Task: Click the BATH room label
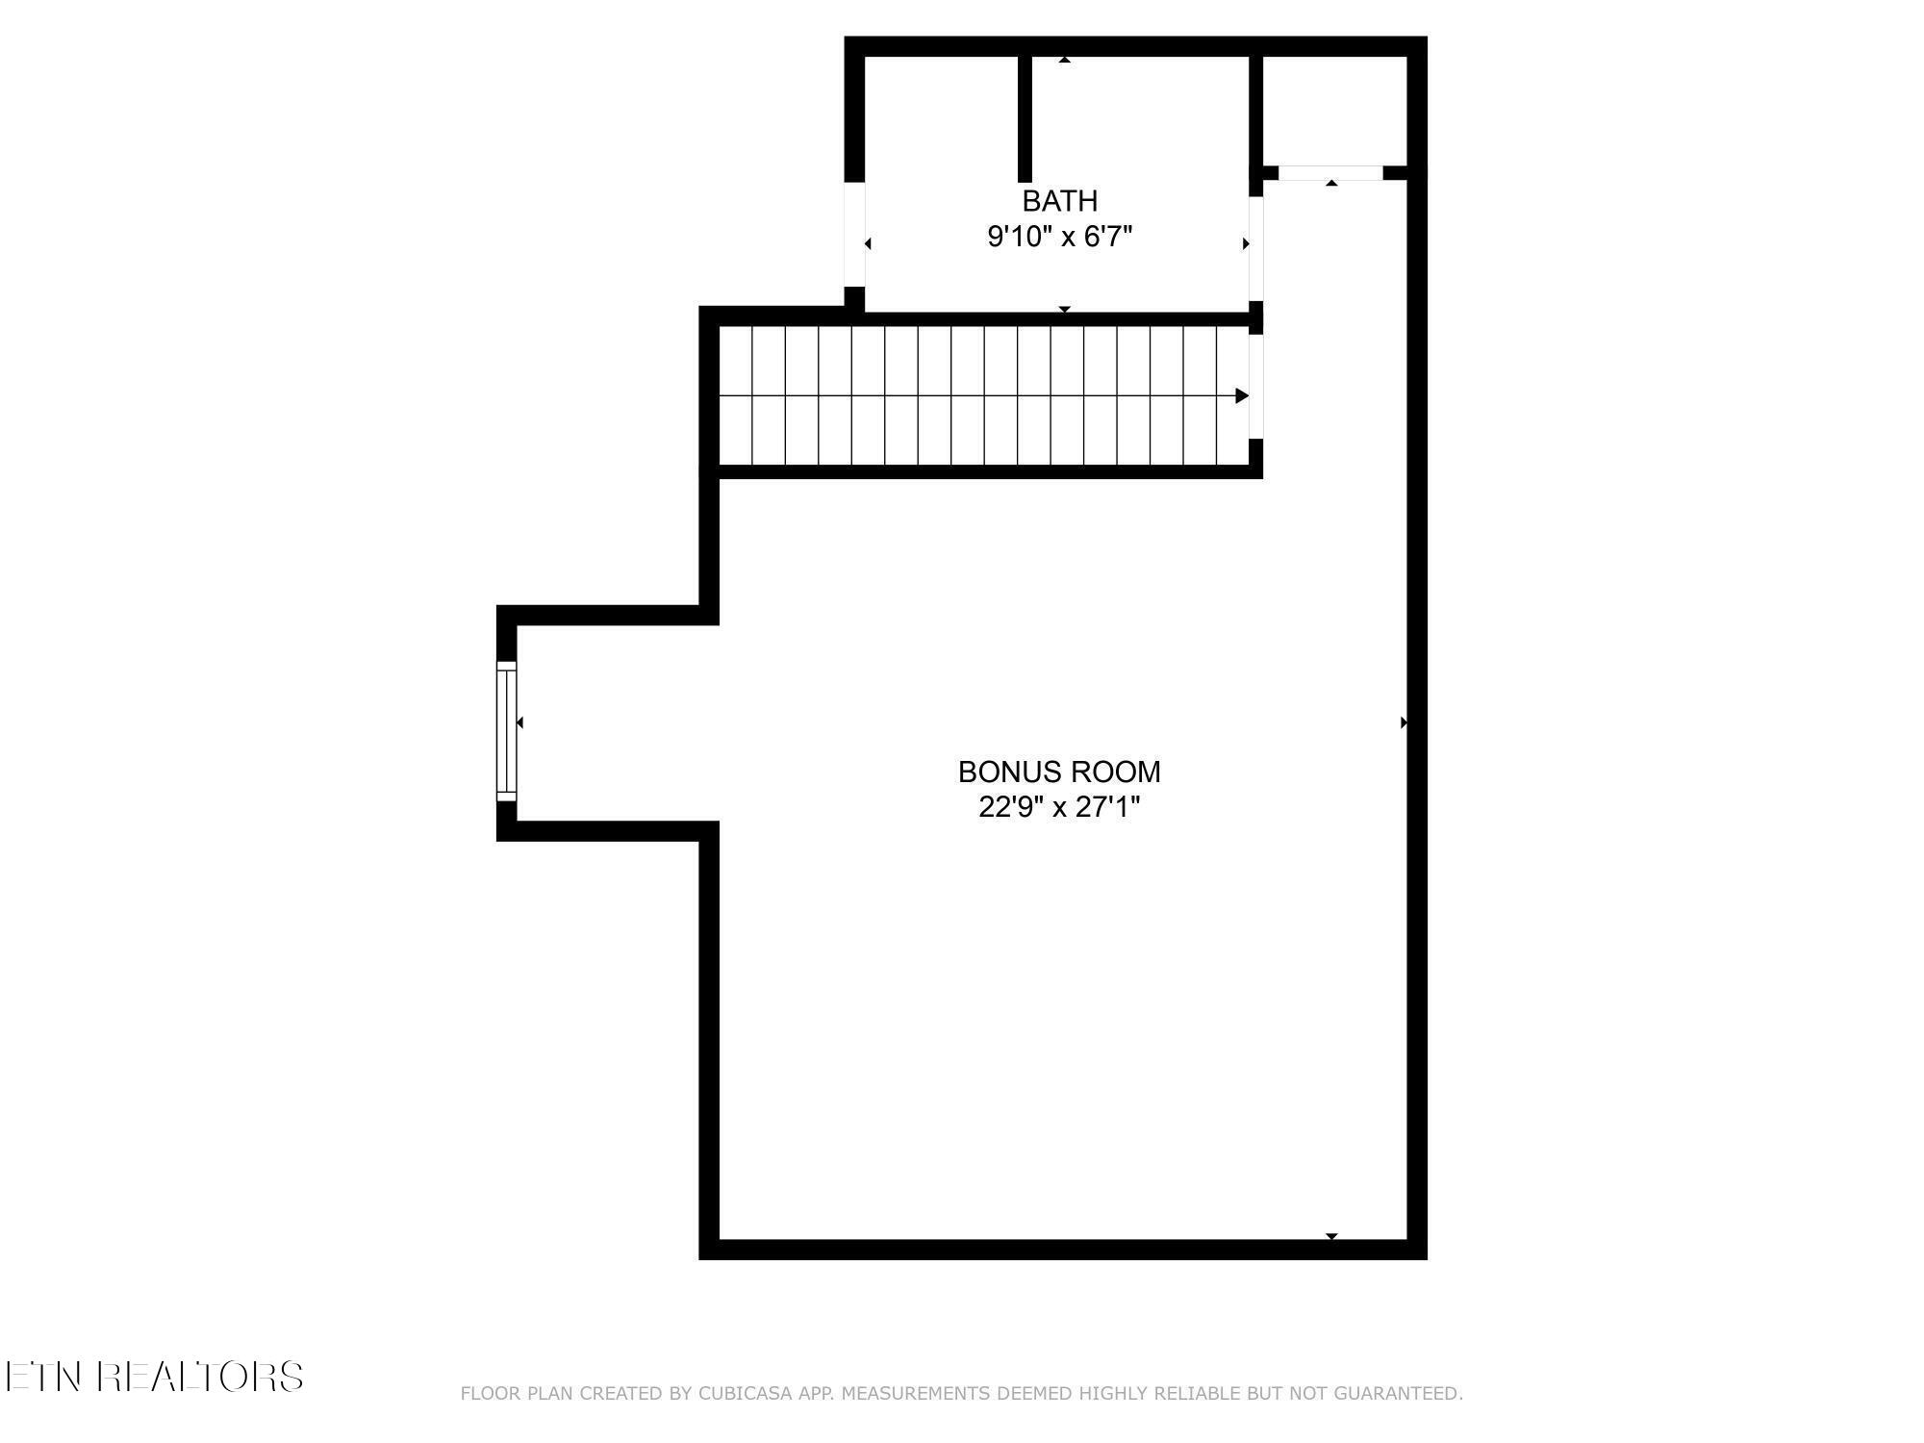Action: pos(1059,201)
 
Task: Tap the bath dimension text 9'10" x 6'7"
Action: pos(1059,237)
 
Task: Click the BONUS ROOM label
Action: pos(1059,772)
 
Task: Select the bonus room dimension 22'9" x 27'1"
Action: pos(1059,807)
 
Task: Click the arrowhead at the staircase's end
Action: pos(1242,395)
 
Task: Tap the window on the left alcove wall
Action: pos(506,730)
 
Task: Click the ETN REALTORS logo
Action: pos(154,1377)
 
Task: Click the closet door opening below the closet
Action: pos(1330,173)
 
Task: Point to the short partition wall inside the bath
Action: pos(1025,118)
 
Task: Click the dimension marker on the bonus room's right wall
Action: pos(1404,722)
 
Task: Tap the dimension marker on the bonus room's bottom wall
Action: pos(1331,1236)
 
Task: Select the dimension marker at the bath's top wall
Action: pos(1064,60)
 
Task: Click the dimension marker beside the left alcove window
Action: pos(520,722)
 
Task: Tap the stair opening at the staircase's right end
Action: pos(1255,386)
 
